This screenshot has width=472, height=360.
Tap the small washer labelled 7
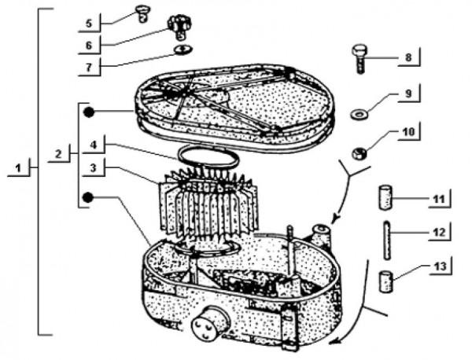coord(182,49)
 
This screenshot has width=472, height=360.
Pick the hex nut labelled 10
coord(357,152)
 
